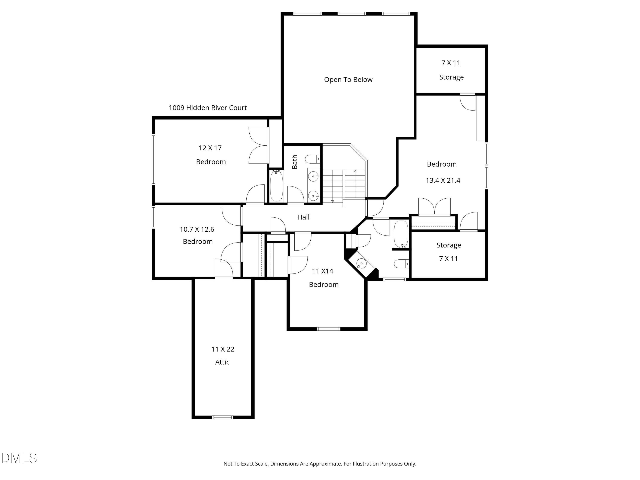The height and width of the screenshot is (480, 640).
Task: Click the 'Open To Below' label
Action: click(348, 80)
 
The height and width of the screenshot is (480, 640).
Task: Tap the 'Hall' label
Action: click(303, 217)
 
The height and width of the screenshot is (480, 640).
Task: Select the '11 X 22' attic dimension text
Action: click(223, 349)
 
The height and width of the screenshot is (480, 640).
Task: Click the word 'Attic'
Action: click(222, 362)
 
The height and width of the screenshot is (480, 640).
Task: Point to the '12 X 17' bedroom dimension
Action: click(210, 148)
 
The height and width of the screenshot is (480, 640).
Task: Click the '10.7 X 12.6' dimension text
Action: click(197, 229)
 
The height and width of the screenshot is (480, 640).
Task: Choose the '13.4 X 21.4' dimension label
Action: click(443, 180)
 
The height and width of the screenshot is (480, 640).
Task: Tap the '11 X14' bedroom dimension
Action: click(322, 271)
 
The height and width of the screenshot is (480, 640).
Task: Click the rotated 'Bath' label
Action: click(295, 162)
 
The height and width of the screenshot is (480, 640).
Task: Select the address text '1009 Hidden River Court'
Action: click(208, 108)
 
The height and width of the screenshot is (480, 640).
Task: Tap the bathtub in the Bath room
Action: click(276, 186)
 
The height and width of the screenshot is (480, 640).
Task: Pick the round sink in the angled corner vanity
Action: click(361, 264)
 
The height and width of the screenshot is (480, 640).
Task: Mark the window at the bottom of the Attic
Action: click(223, 417)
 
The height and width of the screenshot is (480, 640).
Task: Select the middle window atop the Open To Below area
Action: click(352, 14)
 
